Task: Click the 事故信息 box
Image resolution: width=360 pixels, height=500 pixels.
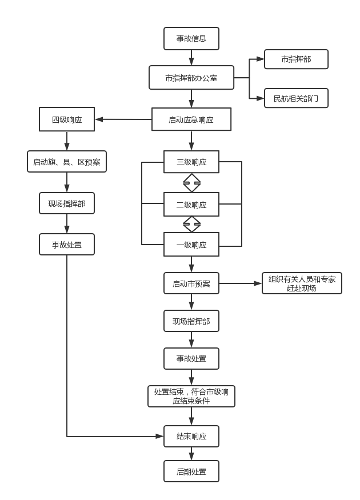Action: (191, 39)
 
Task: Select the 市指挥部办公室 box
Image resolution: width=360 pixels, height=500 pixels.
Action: (191, 78)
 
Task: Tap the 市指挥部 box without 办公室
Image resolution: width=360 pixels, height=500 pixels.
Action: (296, 59)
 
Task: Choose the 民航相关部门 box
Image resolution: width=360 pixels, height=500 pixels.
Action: (296, 98)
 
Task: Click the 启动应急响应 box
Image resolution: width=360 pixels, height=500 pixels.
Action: (191, 119)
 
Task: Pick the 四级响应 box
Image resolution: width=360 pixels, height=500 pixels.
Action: (67, 119)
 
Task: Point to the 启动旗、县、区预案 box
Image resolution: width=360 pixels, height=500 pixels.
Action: (67, 162)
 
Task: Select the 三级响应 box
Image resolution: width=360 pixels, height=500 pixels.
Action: (191, 162)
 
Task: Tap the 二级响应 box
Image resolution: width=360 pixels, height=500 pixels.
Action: (191, 205)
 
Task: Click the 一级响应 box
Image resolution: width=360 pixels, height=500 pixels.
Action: (191, 245)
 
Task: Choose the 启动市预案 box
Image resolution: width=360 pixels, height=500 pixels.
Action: (191, 283)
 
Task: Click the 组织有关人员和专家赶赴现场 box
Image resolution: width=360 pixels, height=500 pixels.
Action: (302, 283)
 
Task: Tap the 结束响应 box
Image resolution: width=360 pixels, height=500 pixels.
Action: (191, 437)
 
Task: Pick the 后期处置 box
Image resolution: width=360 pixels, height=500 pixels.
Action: (191, 471)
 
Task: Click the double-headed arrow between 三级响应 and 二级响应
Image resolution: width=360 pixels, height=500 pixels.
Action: (191, 183)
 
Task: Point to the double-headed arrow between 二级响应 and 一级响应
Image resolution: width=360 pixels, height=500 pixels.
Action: (191, 224)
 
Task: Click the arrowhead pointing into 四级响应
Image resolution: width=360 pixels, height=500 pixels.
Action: (99, 119)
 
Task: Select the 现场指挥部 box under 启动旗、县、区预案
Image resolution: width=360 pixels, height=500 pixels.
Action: (67, 203)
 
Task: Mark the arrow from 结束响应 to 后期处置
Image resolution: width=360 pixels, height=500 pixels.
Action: (191, 454)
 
